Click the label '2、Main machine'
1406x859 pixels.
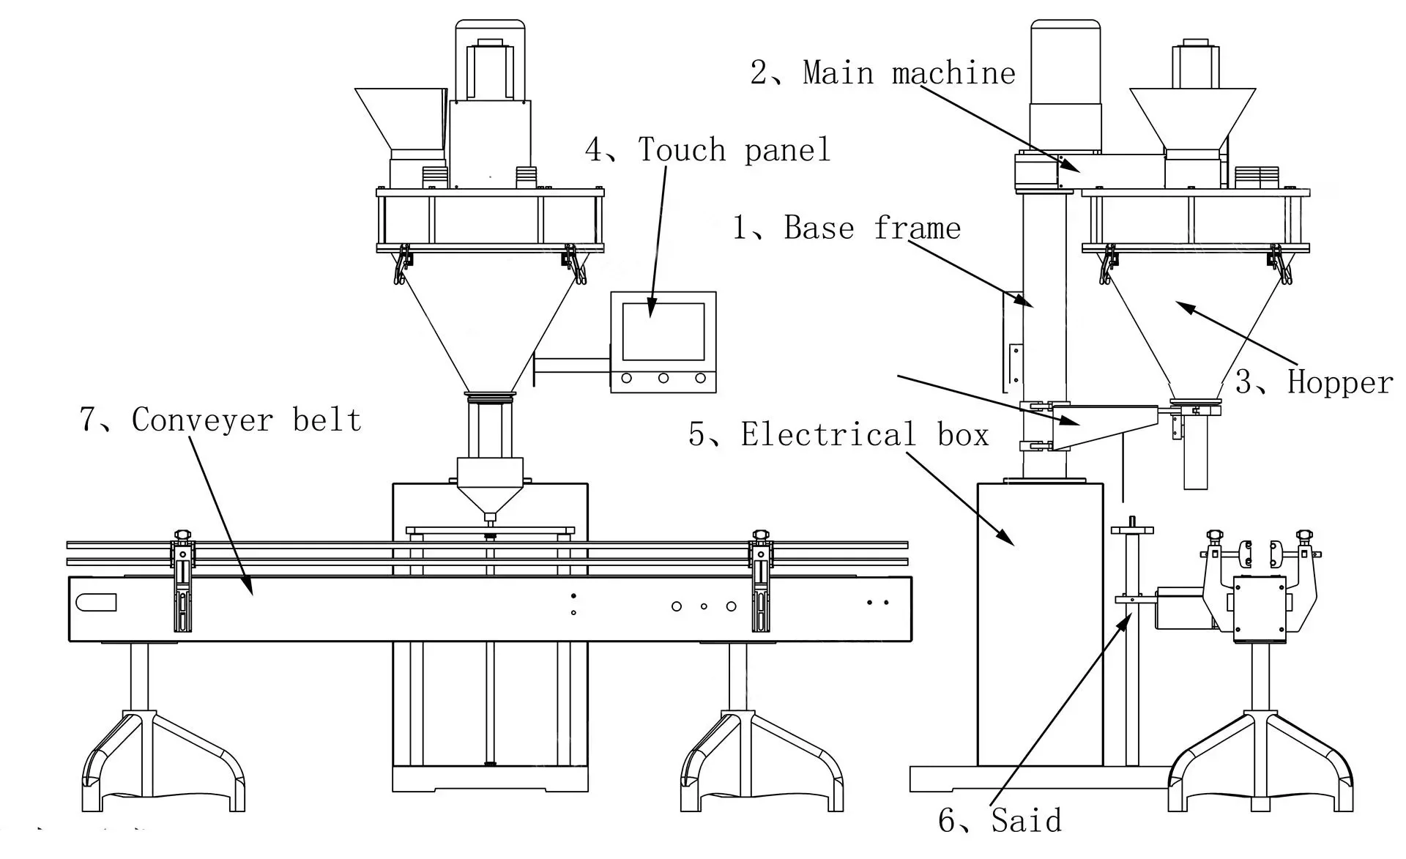(883, 72)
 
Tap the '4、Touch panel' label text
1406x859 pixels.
(708, 149)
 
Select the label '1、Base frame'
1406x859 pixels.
(847, 228)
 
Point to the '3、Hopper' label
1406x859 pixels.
(1314, 382)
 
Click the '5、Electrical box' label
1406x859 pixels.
(838, 434)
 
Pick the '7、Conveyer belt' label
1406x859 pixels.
(220, 420)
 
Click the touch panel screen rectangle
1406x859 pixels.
(663, 331)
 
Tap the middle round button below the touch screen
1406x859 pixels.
(663, 378)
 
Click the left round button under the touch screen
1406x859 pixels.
(627, 378)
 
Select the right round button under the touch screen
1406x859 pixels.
(700, 378)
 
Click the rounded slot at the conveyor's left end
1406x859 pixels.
(96, 602)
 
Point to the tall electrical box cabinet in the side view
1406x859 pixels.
(1040, 622)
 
